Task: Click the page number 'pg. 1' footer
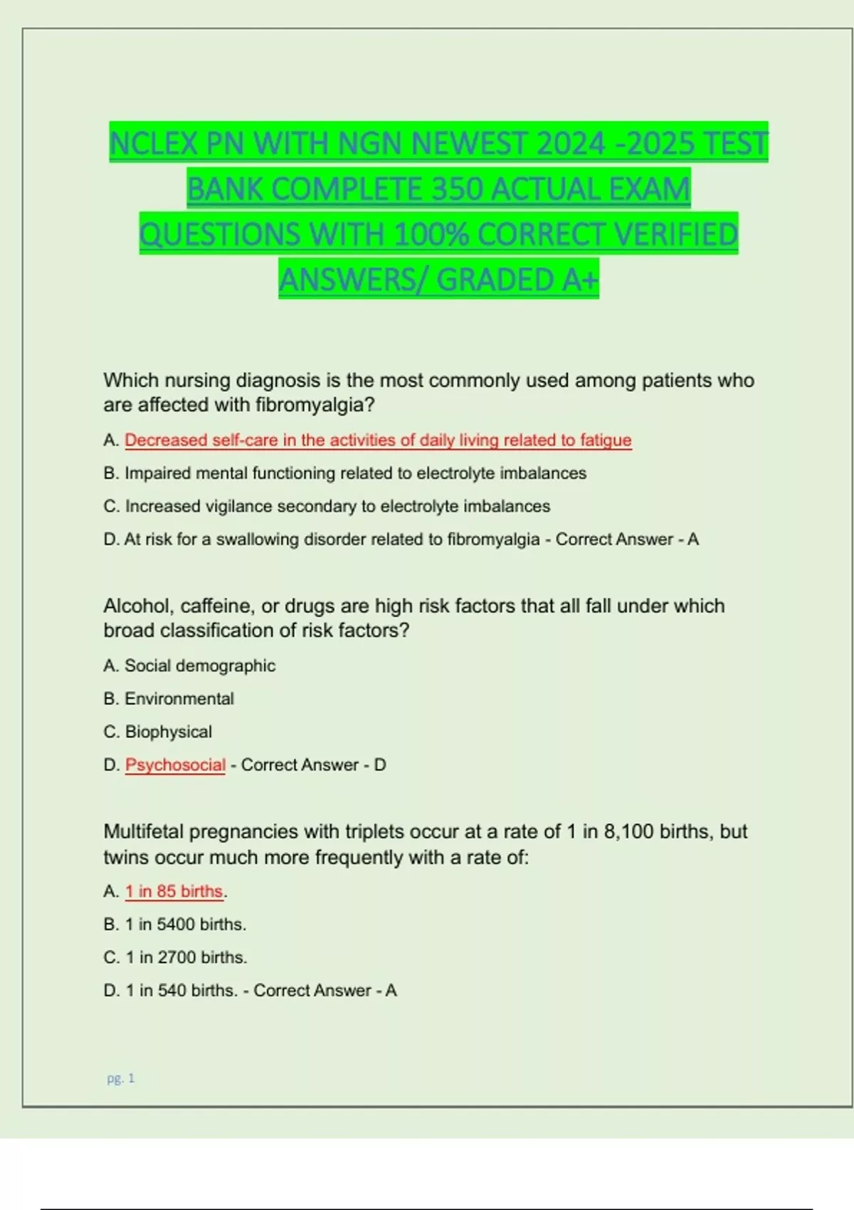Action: pyautogui.click(x=120, y=1078)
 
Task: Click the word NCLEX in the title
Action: pyautogui.click(x=154, y=144)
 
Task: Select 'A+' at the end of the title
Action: pyautogui.click(x=580, y=280)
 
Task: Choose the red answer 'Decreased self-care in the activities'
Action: pyautogui.click(x=377, y=440)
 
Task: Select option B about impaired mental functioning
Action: pyautogui.click(x=344, y=473)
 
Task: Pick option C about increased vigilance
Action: pyautogui.click(x=327, y=506)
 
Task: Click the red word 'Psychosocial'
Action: pyautogui.click(x=175, y=765)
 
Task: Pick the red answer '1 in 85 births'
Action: pyautogui.click(x=174, y=891)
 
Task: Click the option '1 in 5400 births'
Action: pyautogui.click(x=185, y=925)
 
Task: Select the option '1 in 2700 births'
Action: pyautogui.click(x=186, y=957)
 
